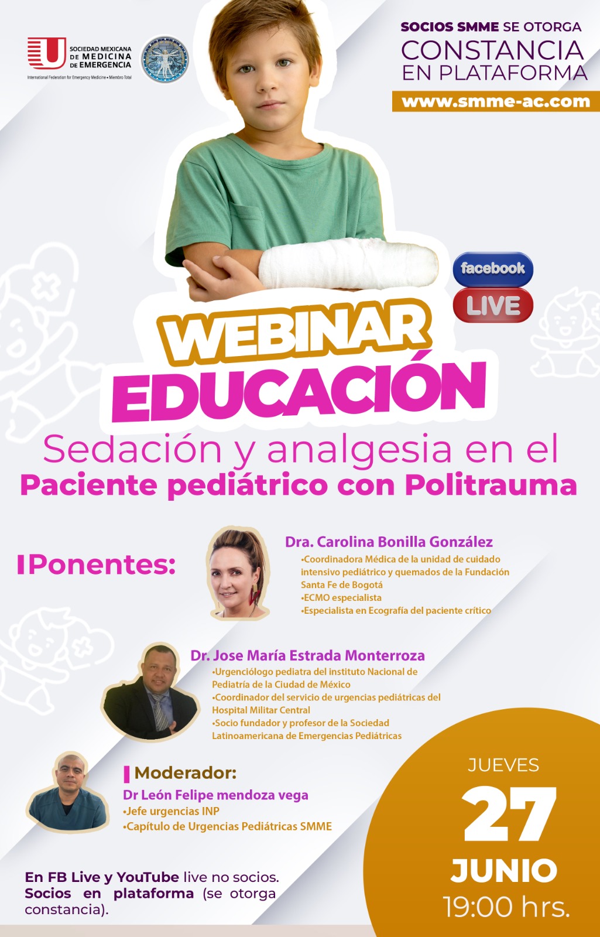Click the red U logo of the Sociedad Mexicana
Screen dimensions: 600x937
pos(46,53)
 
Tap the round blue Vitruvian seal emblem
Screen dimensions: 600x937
pos(164,59)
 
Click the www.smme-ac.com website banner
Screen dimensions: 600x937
pos(496,102)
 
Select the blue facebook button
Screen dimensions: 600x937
pos(493,269)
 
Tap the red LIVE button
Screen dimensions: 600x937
pos(493,305)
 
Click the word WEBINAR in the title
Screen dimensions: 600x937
pos(295,331)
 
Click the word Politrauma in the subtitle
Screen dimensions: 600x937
pos(491,485)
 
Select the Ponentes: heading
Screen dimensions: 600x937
pos(96,565)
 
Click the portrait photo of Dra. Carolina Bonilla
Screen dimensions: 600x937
pos(238,573)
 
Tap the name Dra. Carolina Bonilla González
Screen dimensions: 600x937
pos(389,542)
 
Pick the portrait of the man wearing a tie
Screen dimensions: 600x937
pos(150,692)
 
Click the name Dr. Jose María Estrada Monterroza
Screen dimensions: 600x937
pos(308,655)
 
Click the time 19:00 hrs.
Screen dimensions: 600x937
pos(506,907)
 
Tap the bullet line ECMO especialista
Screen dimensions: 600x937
pos(341,597)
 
